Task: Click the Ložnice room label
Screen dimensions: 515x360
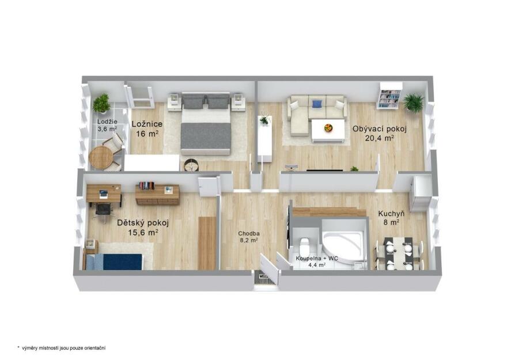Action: pos(147,124)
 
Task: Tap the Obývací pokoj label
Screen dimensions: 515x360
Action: pos(380,129)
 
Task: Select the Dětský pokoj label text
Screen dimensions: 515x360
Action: pos(143,223)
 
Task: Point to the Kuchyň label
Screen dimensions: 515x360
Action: pos(391,214)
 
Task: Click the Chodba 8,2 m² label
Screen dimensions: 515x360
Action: pos(249,237)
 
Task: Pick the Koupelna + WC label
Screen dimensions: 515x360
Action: pos(317,258)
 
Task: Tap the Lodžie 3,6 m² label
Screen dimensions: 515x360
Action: pos(107,126)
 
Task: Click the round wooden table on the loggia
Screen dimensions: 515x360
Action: pos(100,157)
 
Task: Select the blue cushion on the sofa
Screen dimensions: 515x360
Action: pos(317,104)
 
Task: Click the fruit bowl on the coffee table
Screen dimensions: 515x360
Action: pos(328,127)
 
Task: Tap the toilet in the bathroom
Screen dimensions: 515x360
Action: pos(303,246)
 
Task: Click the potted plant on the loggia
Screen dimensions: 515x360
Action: pos(101,103)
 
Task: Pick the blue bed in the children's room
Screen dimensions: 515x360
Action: pos(115,262)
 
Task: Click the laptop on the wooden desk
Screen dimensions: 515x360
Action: pos(104,194)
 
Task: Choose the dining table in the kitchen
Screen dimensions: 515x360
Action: pos(399,253)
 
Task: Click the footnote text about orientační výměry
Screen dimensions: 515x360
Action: pos(62,348)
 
